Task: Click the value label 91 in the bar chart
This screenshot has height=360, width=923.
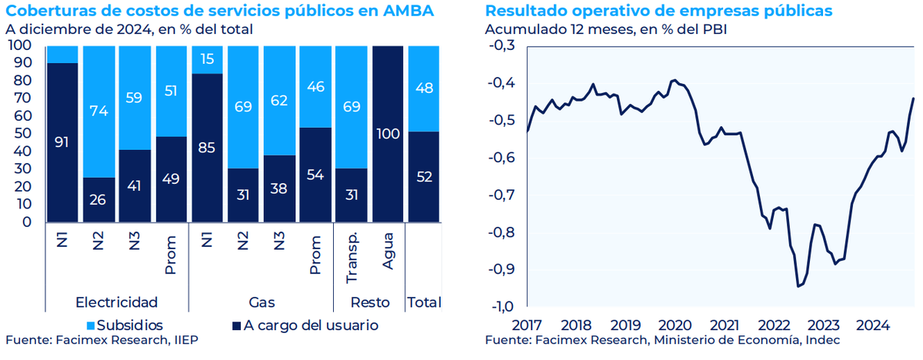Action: [x=62, y=142]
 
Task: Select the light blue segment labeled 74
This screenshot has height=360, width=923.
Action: [x=98, y=112]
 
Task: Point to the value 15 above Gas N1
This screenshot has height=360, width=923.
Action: [x=208, y=59]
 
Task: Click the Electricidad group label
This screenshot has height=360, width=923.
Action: [x=117, y=301]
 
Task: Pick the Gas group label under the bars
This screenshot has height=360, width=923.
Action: [x=262, y=301]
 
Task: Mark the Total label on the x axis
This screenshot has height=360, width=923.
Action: [x=422, y=301]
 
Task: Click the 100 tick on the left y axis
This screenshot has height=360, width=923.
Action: [x=19, y=45]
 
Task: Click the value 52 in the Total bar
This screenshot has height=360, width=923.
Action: [x=422, y=176]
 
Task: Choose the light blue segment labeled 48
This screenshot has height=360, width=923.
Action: [x=422, y=88]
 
